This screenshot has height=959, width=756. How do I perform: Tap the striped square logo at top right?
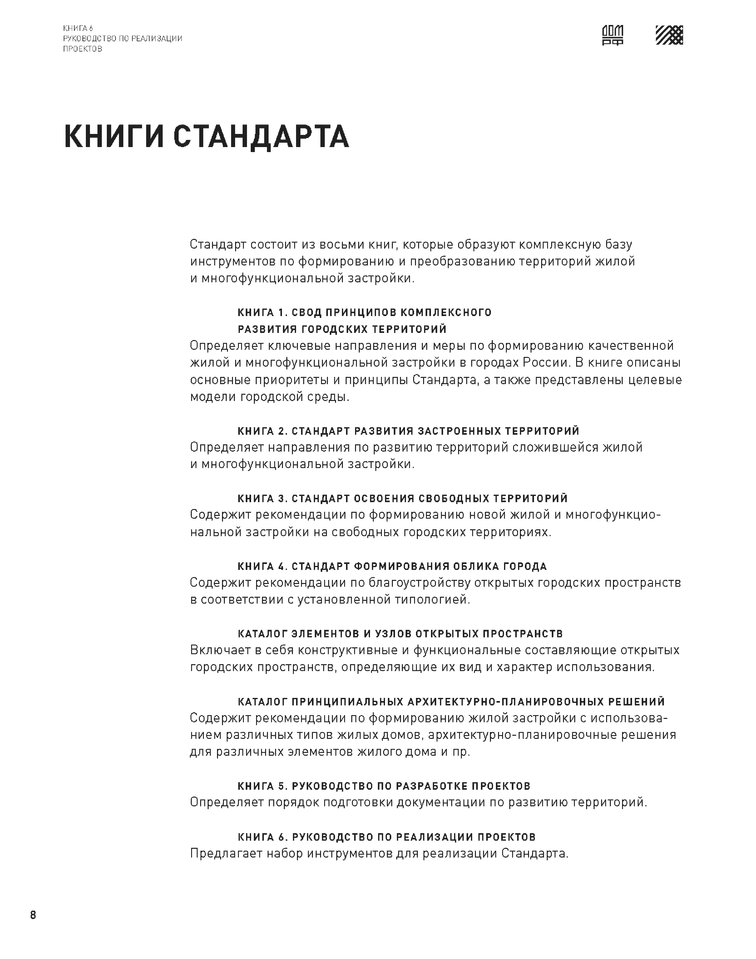coord(669,35)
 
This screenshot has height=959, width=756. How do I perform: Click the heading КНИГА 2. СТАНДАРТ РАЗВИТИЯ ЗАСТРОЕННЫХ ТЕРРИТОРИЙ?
coord(408,431)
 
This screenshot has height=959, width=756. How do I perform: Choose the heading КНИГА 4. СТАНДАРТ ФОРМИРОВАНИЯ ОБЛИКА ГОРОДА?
coord(392,566)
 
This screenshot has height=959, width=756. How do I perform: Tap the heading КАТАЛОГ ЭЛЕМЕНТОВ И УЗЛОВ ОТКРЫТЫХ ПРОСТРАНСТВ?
coord(400,634)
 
